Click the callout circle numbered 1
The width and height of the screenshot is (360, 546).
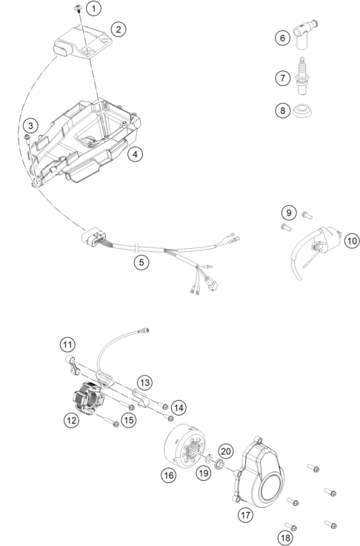[x=94, y=8]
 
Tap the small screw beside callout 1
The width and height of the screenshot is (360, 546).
[x=79, y=8]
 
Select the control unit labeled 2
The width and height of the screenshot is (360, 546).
[x=82, y=41]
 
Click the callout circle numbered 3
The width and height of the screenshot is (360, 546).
[x=30, y=125]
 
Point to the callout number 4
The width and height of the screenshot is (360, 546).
[x=135, y=153]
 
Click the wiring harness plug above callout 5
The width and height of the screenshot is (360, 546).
[x=93, y=238]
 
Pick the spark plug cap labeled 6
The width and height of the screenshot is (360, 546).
[x=304, y=35]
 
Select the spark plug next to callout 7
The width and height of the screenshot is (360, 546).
[x=302, y=76]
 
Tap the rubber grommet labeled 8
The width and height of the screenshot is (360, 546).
[x=302, y=110]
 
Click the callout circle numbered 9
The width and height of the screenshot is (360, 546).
[x=289, y=213]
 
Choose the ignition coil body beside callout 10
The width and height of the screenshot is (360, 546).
[x=328, y=239]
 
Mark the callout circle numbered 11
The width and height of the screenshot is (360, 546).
[x=67, y=344]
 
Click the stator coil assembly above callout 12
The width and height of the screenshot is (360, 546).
[x=87, y=397]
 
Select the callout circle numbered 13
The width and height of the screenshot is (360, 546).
[x=144, y=383]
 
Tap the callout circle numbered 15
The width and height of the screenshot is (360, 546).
[x=129, y=420]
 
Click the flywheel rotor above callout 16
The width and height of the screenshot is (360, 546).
[x=186, y=445]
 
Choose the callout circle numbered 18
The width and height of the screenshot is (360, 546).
[x=285, y=538]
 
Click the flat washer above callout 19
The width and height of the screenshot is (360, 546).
[x=210, y=459]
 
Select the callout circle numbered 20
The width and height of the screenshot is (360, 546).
[x=226, y=451]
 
